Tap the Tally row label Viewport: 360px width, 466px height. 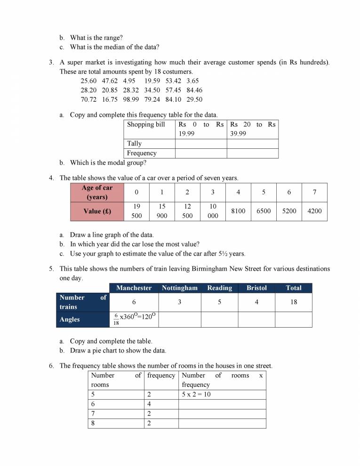[x=134, y=144]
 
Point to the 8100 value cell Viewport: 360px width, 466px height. [x=239, y=211]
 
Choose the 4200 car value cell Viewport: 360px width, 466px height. [x=314, y=211]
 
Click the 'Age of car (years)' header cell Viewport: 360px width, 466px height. [x=97, y=193]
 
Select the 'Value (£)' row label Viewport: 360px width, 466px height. [x=97, y=211]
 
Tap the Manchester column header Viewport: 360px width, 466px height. [x=134, y=288]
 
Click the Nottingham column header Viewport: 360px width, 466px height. [x=179, y=288]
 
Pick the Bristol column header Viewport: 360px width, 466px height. [x=256, y=288]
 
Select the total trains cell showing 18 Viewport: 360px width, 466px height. [x=294, y=302]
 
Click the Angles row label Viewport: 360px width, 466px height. [x=70, y=320]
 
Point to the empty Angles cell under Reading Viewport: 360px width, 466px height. [x=219, y=320]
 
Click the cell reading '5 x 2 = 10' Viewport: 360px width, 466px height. [x=196, y=394]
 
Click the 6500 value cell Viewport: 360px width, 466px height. [x=264, y=211]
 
